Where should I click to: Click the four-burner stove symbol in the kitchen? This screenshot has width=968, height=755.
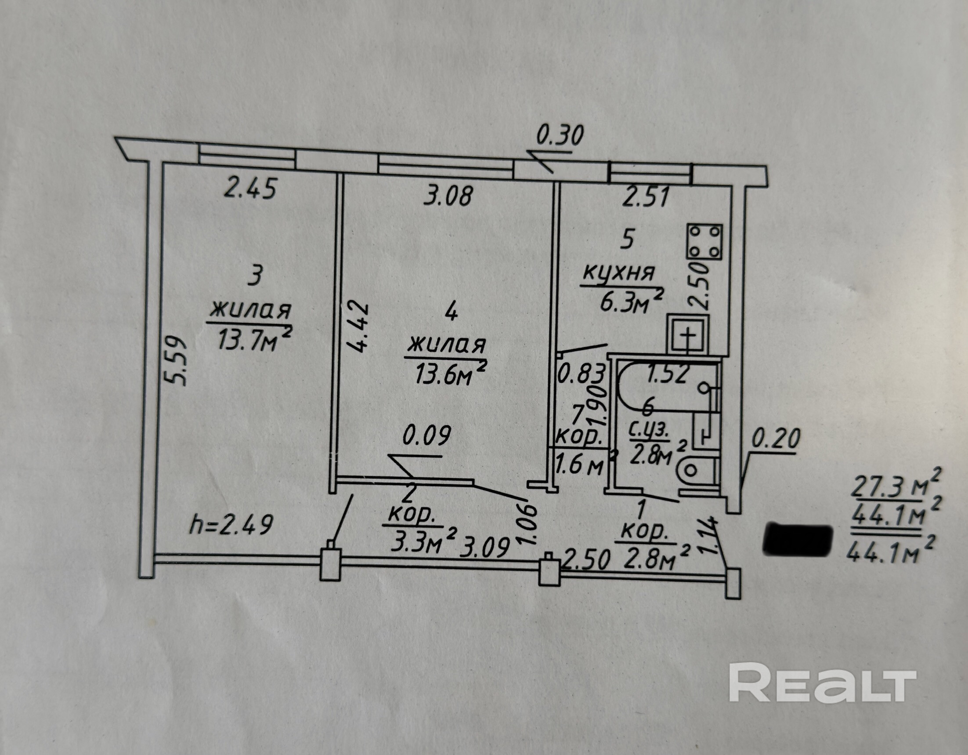coord(704,242)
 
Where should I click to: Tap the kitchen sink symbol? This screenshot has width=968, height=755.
coord(688,334)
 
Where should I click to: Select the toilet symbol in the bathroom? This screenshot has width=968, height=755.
coord(698,471)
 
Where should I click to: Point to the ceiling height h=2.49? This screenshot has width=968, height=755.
coord(231,526)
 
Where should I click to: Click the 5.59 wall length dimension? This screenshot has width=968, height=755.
coord(174,362)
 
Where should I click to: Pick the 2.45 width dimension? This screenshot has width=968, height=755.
coord(250,188)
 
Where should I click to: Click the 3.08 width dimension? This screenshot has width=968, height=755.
coord(448,196)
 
